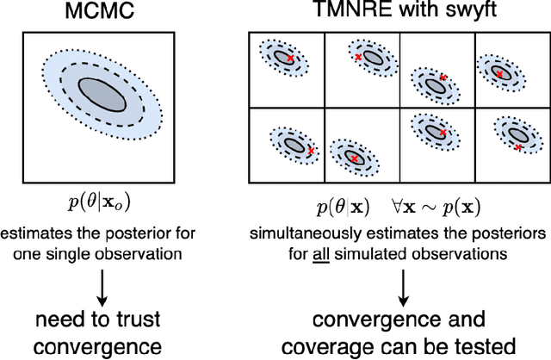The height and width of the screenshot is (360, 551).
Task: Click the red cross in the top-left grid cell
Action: (290, 59)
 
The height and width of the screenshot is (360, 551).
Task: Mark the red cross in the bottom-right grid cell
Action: (518, 147)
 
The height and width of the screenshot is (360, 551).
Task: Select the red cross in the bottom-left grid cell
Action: (312, 151)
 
